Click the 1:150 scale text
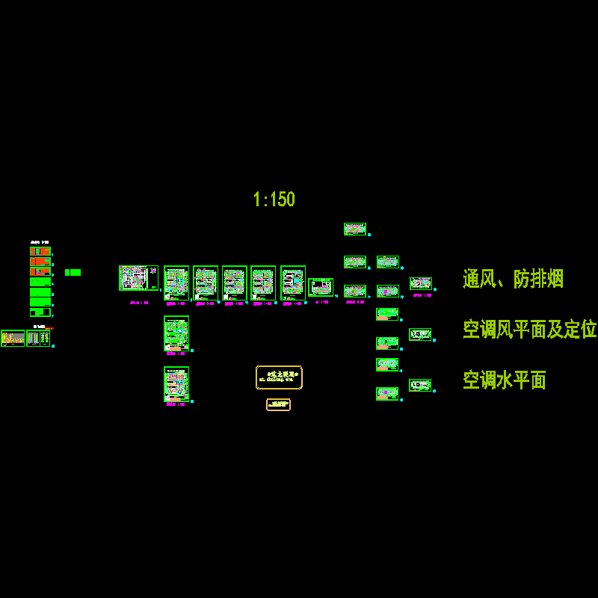tap(274, 200)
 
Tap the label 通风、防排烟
tap(513, 280)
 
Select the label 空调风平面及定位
tap(529, 330)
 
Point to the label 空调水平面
tap(504, 380)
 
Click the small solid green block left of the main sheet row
tap(73, 273)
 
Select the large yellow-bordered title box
tap(279, 377)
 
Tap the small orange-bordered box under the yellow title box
tap(278, 404)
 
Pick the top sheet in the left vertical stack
tap(40, 251)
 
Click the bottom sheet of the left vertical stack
tap(40, 312)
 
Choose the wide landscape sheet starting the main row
tap(138, 278)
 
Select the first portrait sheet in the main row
tap(176, 283)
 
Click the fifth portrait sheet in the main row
tap(293, 283)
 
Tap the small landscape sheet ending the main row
tap(321, 287)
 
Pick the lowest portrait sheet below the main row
tap(176, 384)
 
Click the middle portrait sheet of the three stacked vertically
tap(176, 333)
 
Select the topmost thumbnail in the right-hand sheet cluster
tap(355, 229)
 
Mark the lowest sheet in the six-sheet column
tap(387, 393)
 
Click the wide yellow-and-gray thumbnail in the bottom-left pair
tap(13, 338)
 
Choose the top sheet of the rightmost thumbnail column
tap(420, 283)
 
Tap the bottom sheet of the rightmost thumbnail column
tap(420, 385)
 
